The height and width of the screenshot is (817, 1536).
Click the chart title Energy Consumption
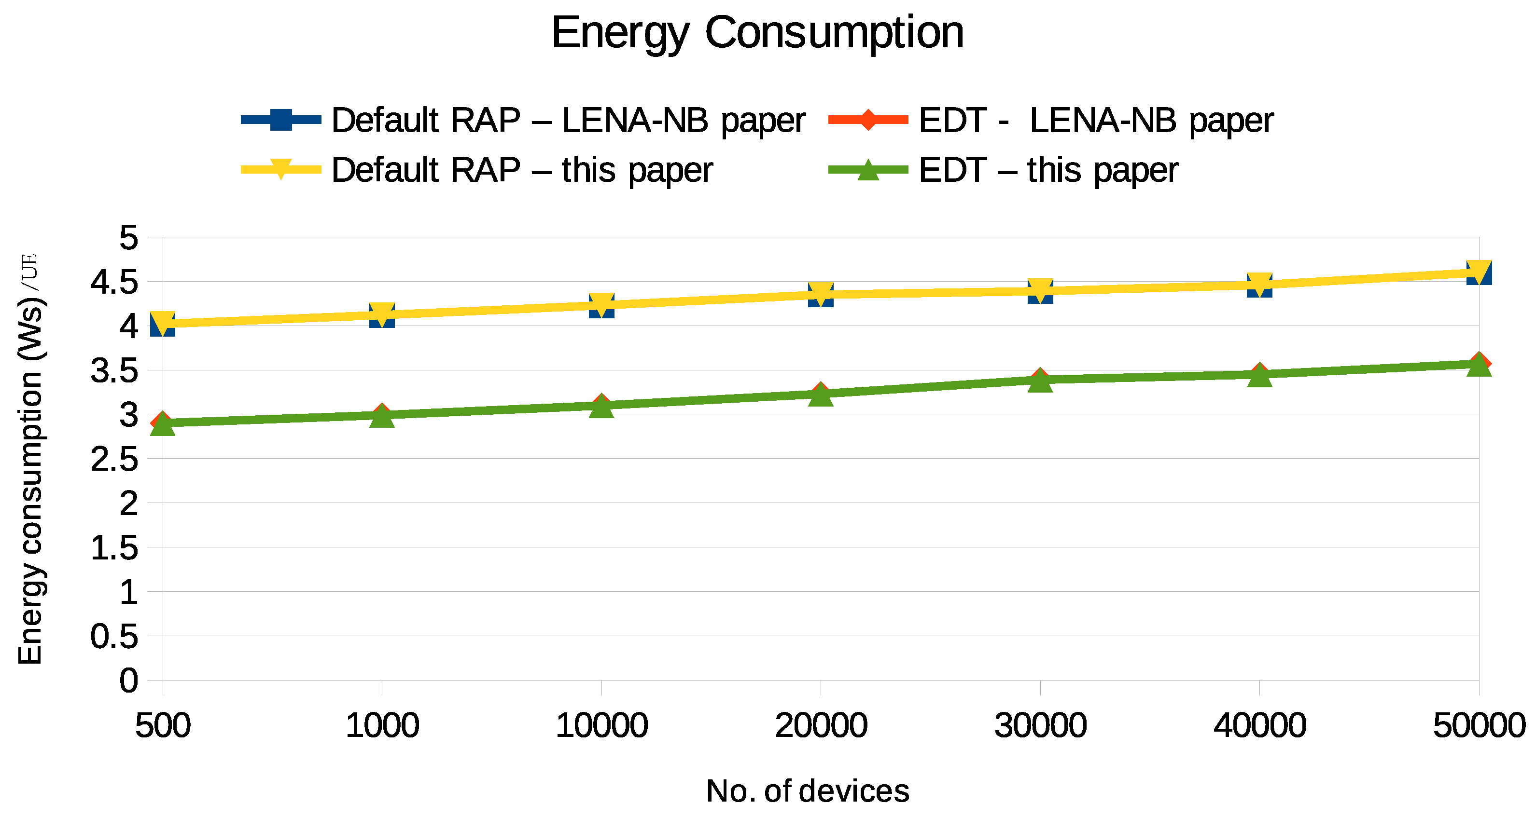tap(757, 33)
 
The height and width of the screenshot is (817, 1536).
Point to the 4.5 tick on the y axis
tap(114, 282)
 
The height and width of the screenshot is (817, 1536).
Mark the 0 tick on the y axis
tap(129, 681)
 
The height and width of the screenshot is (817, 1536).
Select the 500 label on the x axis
tap(163, 726)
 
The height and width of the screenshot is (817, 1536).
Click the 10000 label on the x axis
tap(601, 726)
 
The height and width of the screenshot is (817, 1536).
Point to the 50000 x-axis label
tap(1479, 726)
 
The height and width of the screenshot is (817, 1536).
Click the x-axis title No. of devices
tap(808, 791)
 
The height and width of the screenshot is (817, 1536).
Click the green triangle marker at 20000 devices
tap(821, 395)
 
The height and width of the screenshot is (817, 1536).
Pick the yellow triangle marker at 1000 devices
tap(382, 313)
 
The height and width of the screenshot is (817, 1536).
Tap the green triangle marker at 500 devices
tap(163, 425)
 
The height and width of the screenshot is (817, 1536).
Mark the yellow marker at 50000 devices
tap(1479, 271)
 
